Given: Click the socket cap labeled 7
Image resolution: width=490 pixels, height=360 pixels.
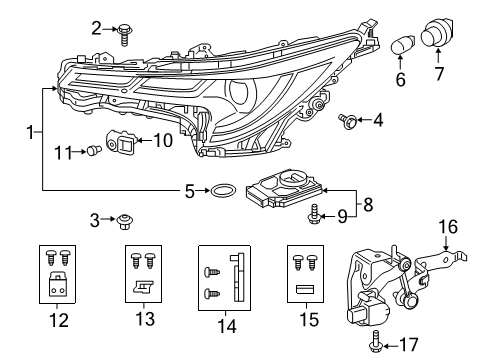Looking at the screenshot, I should click(436, 38).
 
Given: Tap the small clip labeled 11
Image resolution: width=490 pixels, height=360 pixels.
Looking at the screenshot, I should click(91, 152).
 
